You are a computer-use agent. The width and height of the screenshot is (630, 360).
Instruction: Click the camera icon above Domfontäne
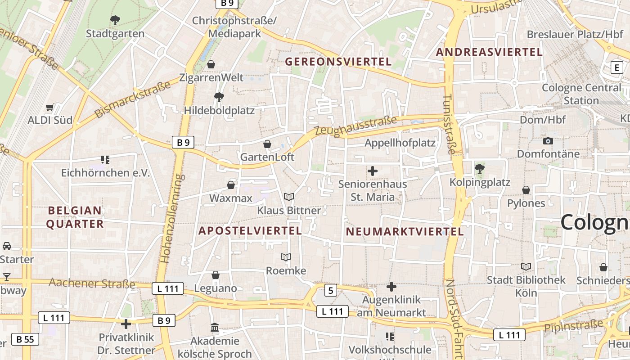548,141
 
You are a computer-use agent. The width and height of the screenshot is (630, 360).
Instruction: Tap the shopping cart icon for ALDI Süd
50,108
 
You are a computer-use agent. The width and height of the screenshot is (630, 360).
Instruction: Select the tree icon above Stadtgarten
115,20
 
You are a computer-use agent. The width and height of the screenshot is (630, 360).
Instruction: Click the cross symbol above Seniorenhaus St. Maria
373,171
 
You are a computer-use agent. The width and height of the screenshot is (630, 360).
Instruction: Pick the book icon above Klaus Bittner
289,197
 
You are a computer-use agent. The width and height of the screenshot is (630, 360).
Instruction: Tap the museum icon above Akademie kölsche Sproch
215,328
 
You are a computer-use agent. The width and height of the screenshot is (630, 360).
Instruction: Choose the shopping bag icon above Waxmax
231,185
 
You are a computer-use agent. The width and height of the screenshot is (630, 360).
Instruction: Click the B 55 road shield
25,339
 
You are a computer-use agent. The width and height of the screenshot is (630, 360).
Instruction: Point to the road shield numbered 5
331,291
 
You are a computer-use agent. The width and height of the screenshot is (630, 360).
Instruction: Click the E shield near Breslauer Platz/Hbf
616,68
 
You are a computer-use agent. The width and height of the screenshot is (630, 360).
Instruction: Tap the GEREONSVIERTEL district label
338,62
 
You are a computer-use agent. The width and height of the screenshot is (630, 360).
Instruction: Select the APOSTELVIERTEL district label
250,231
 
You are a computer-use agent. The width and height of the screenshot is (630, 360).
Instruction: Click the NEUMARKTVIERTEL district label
405,232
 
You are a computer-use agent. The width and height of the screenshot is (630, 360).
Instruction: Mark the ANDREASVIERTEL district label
489,52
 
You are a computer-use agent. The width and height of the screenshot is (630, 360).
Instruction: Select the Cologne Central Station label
581,94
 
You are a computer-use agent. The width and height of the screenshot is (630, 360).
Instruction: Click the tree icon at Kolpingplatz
480,169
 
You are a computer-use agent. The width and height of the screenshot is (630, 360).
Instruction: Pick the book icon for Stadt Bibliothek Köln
526,266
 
